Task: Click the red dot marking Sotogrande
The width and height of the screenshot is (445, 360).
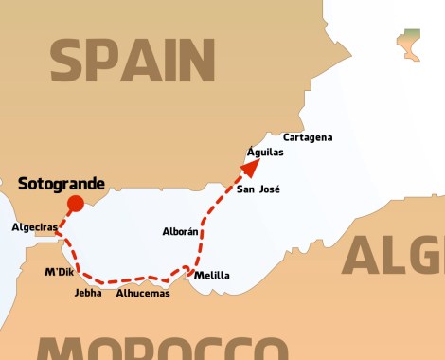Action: pos(76,203)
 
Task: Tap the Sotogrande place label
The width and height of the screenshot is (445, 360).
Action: pos(62,183)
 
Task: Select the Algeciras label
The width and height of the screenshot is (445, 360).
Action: pos(35,227)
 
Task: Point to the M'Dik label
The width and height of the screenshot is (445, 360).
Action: pos(59,273)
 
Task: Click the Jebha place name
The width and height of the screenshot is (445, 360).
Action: pos(87,293)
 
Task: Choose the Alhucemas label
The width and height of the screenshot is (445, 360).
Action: pos(143,293)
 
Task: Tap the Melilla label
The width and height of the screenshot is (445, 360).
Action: pos(211,276)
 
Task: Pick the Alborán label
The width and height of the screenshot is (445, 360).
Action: pos(181,231)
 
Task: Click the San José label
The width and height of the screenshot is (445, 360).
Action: pos(258,189)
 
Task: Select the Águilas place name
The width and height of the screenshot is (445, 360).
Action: pos(264,152)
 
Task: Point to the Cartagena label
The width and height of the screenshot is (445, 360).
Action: pos(308,137)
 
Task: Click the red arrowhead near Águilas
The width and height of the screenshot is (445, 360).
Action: pos(251,167)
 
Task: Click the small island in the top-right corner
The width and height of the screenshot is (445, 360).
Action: pos(409,43)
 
